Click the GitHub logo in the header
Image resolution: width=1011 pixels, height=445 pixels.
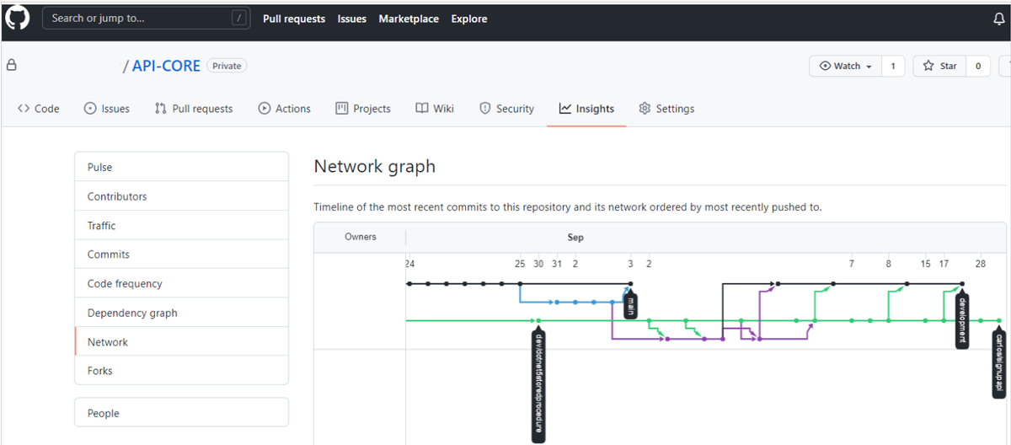click(17, 18)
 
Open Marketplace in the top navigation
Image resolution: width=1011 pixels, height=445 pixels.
click(409, 19)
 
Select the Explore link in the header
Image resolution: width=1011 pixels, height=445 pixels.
click(469, 19)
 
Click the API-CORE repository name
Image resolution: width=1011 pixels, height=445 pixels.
click(166, 66)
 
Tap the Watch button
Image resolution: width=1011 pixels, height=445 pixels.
click(845, 66)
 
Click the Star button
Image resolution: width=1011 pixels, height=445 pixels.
click(939, 66)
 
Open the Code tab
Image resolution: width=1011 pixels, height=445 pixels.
click(39, 109)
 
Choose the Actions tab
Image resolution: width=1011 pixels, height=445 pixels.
click(284, 109)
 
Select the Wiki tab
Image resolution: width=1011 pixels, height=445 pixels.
click(435, 109)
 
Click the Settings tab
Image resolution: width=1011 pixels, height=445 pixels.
click(666, 109)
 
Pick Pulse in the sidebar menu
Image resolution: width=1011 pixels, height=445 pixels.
click(99, 167)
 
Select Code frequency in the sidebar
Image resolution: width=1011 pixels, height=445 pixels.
click(125, 284)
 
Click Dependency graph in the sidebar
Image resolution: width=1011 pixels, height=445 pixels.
click(132, 313)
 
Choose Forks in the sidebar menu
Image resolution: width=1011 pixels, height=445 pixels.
click(99, 371)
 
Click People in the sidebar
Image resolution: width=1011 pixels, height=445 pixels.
click(103, 413)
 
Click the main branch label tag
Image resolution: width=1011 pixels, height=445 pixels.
click(630, 304)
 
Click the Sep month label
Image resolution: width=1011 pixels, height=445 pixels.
click(575, 238)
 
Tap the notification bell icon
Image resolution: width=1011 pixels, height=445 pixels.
click(999, 19)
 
